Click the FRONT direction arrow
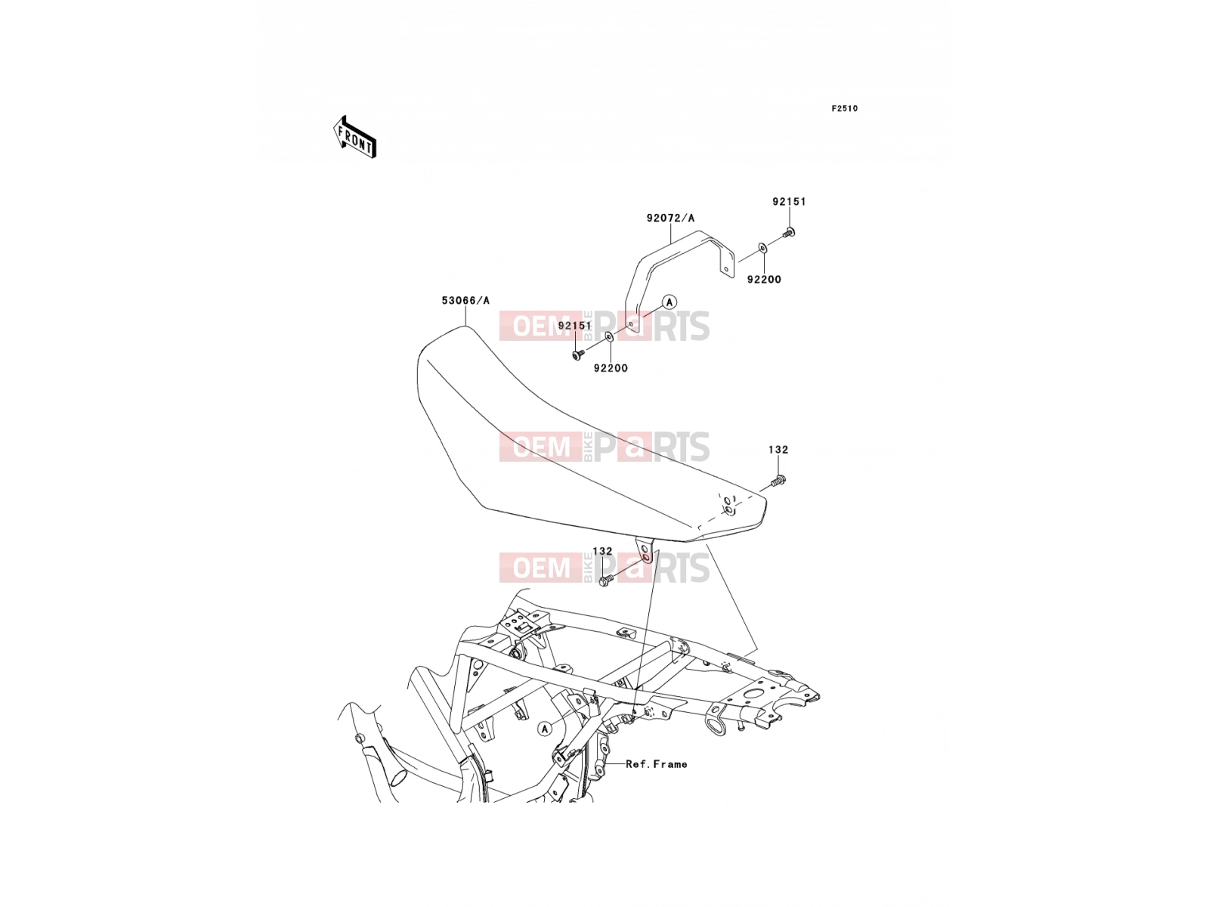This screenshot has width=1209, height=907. point(354,138)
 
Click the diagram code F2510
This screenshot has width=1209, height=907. point(844,109)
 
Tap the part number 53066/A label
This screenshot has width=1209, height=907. point(465,301)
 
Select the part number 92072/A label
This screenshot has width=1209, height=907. point(670,218)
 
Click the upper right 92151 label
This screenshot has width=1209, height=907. point(789,202)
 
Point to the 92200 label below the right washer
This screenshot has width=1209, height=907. point(764,279)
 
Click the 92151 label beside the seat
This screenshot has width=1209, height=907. point(574,326)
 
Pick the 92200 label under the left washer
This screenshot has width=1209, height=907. point(611,368)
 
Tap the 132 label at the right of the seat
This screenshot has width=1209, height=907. point(778,450)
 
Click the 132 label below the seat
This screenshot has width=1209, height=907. point(602,551)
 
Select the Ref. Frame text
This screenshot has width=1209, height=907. point(657,764)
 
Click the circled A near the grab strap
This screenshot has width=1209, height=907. point(669,302)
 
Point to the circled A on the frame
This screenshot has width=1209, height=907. point(545,729)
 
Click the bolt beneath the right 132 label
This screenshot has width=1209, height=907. point(778,481)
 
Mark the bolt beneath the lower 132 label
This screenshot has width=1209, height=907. point(606,579)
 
